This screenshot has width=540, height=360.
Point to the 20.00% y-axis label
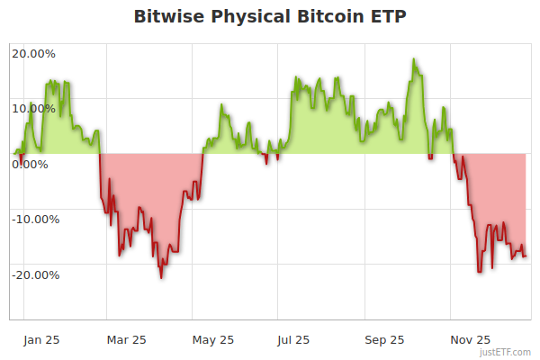(33, 53)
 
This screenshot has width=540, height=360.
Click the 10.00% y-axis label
(33, 109)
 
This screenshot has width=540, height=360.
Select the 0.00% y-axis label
(31, 164)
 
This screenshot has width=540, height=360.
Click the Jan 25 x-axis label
(41, 339)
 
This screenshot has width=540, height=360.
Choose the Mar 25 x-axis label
(127, 339)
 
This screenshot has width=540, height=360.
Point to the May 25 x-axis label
(213, 339)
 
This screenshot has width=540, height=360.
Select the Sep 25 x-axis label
(385, 339)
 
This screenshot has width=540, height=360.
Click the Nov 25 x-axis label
(471, 339)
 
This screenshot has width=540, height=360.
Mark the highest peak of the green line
(414, 59)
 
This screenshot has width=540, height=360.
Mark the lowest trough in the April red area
(161, 277)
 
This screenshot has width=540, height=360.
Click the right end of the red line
(526, 256)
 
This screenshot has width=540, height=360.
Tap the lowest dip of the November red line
(480, 271)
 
